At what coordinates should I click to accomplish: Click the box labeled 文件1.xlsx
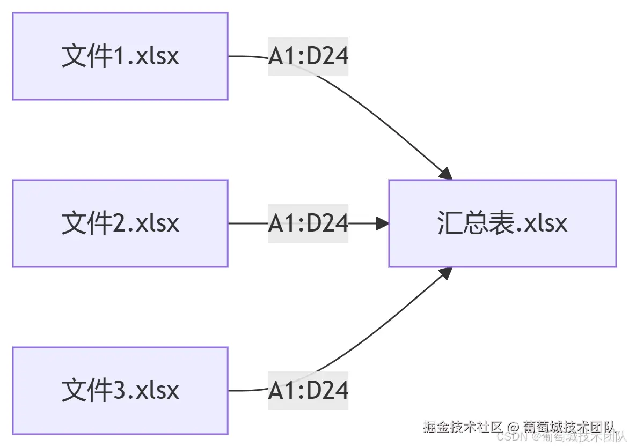click(x=120, y=56)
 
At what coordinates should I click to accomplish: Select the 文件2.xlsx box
click(x=120, y=223)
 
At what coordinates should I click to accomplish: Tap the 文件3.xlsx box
click(x=120, y=391)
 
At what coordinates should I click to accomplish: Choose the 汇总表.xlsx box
click(x=502, y=223)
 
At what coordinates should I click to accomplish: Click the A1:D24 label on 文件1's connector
click(x=308, y=56)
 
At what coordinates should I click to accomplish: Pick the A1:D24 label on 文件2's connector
click(x=308, y=223)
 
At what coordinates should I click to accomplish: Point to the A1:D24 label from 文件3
click(x=308, y=391)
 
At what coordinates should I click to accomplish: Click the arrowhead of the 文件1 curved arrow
click(x=446, y=174)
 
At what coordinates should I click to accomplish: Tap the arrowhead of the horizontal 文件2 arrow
click(x=383, y=223)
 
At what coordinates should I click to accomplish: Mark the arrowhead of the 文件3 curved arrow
click(x=446, y=273)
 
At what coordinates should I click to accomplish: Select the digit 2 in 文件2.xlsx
click(x=121, y=223)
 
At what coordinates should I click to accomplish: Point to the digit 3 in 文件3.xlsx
click(x=121, y=391)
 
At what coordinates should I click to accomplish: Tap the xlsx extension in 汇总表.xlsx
click(x=545, y=223)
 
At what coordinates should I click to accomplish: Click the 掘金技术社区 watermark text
click(x=463, y=427)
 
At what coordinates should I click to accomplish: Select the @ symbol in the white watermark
click(x=513, y=428)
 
